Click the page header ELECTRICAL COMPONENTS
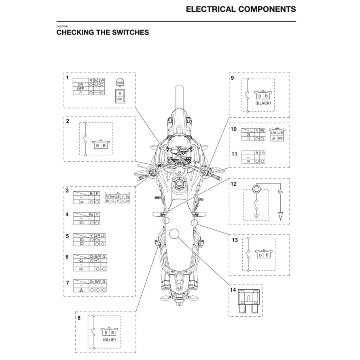click(x=241, y=9)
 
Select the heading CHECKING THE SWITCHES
click(x=102, y=32)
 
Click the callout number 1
click(x=67, y=77)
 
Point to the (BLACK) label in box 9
click(x=263, y=103)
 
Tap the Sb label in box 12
click(x=280, y=193)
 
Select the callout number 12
click(x=233, y=184)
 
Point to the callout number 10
click(x=233, y=129)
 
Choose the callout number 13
click(x=234, y=240)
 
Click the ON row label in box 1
click(x=80, y=85)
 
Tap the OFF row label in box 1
click(x=80, y=89)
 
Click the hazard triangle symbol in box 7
click(x=81, y=290)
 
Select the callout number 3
click(x=67, y=189)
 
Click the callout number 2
click(x=67, y=121)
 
